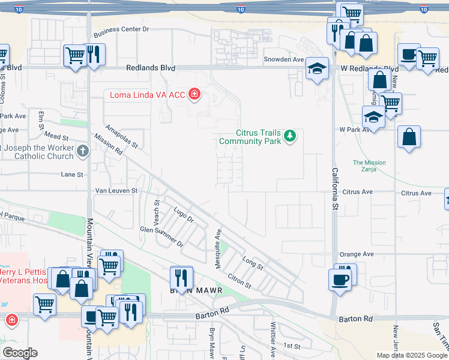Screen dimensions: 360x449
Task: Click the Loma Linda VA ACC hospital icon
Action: [x=194, y=94]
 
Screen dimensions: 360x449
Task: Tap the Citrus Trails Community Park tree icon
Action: [x=291, y=136]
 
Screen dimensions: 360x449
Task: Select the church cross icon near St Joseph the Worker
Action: [x=83, y=151]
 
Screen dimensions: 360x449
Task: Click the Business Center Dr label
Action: [x=121, y=29]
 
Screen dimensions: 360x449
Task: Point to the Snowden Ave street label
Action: [x=285, y=59]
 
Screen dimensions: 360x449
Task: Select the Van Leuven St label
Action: [x=117, y=191]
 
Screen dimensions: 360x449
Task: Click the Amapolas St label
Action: [x=122, y=137]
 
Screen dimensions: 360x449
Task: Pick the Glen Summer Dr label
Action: [x=161, y=236]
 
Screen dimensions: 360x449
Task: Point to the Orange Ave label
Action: [x=357, y=254]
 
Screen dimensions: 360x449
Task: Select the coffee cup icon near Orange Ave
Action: [x=340, y=279]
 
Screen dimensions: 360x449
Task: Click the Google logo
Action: [x=20, y=353]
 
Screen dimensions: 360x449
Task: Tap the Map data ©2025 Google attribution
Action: [x=412, y=355]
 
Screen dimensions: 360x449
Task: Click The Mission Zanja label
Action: [x=369, y=166]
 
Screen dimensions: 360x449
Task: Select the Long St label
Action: [x=253, y=263]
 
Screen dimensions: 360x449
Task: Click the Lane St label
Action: [x=71, y=175]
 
